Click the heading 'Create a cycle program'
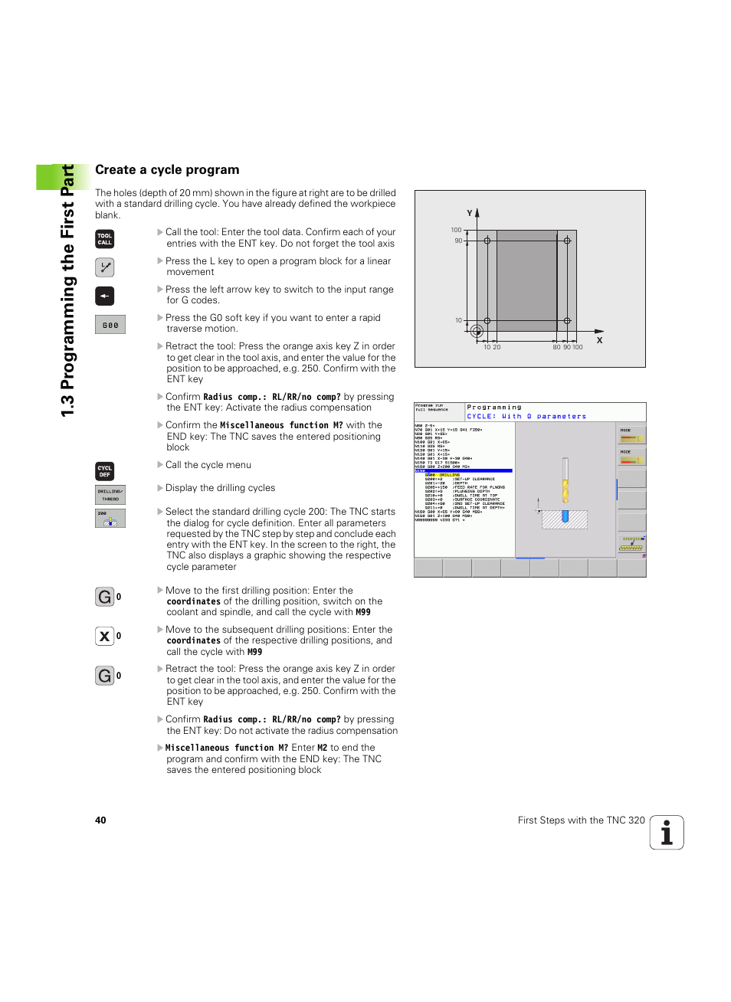(x=167, y=170)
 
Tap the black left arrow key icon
(x=104, y=296)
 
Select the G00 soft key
(x=110, y=325)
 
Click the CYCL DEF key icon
(x=104, y=471)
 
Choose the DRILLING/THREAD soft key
(x=110, y=495)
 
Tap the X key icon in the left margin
(x=105, y=636)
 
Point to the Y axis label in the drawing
(x=470, y=213)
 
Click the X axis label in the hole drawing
(x=599, y=340)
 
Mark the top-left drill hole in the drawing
(x=487, y=241)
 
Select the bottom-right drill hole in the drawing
(x=567, y=321)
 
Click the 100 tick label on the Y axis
(x=456, y=230)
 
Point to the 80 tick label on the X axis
(x=556, y=347)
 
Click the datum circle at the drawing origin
(x=477, y=331)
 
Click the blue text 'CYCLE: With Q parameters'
(x=526, y=417)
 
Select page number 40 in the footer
(x=100, y=820)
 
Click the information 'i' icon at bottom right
(x=667, y=833)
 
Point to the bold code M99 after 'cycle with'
(x=363, y=612)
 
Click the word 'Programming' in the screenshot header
(x=494, y=408)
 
